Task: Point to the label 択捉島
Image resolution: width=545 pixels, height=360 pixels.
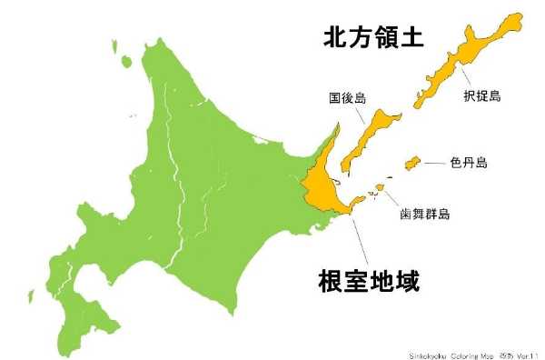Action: [x=482, y=95]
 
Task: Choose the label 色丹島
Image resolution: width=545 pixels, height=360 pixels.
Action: [x=468, y=163]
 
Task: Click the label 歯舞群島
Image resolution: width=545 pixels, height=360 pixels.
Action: [x=425, y=215]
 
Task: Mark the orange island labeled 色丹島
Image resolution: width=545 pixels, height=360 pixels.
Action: [x=411, y=162]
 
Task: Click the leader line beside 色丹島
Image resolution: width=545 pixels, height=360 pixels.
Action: [x=435, y=162]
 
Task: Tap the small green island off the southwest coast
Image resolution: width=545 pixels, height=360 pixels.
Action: [x=30, y=296]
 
